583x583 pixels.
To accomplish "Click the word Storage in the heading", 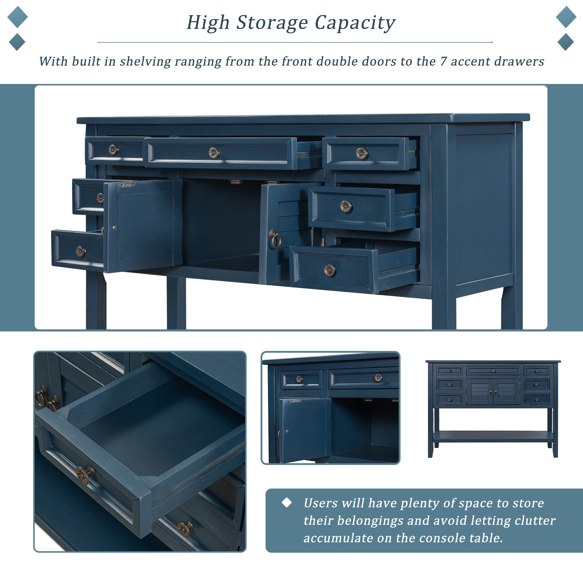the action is point(272,23).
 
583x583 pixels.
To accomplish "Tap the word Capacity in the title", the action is point(355,23).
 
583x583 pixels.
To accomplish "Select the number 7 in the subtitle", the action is point(443,61).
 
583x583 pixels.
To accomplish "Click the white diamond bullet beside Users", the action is point(286,503).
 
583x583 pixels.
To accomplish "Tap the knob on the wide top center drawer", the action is point(214,153).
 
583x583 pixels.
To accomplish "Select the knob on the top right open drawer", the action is point(361,154).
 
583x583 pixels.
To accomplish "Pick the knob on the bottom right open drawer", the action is point(329,270).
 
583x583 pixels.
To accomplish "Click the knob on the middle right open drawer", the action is point(345,206).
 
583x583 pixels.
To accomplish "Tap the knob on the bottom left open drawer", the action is point(80,252).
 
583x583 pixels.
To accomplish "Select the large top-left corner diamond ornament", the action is point(17,17).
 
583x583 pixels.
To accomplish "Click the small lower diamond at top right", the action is point(566,42).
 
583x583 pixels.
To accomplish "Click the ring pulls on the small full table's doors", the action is point(493,393).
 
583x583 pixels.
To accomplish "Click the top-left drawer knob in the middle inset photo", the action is point(299,379).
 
